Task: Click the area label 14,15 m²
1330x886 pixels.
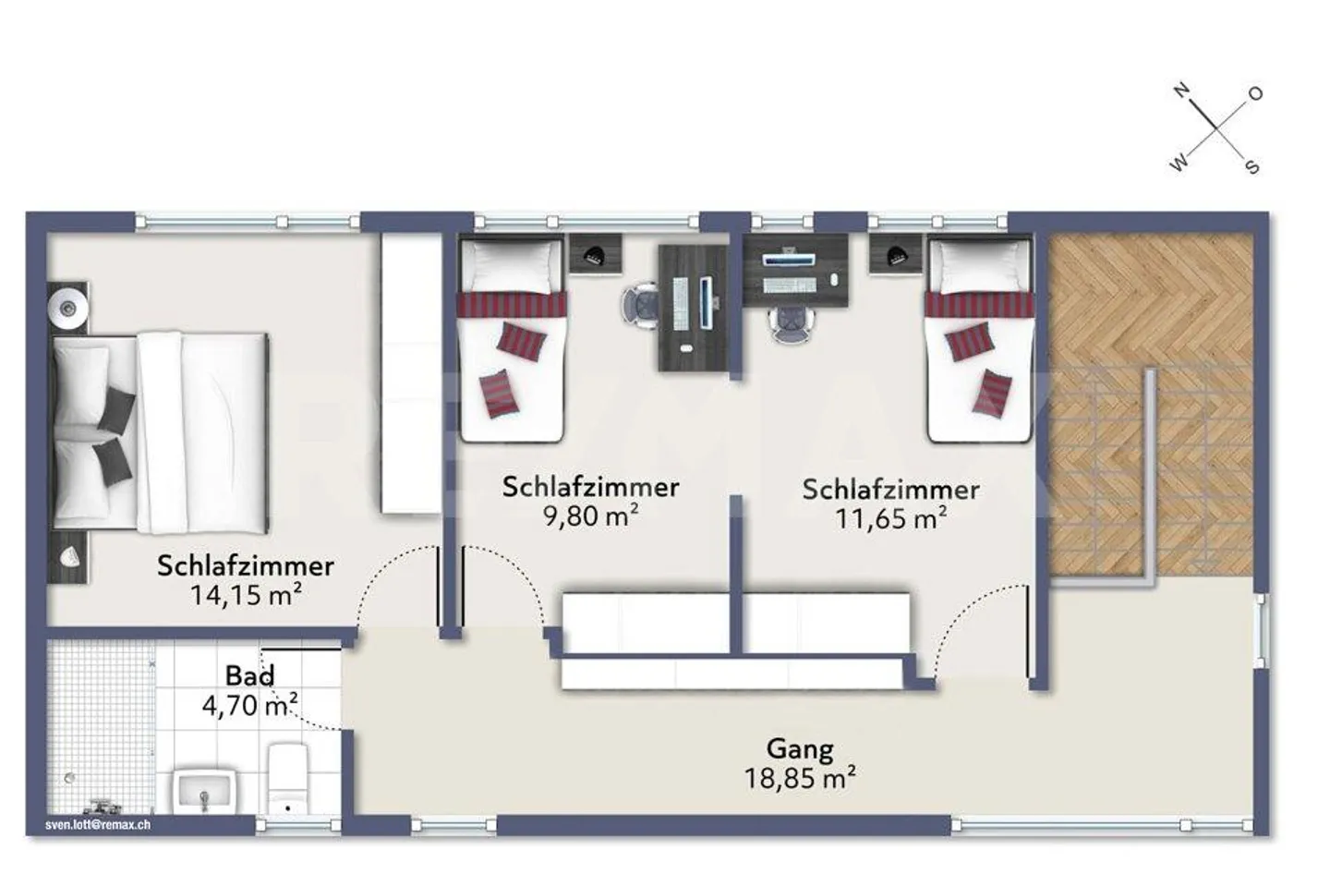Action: tap(246, 595)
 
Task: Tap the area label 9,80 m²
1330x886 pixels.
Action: tap(591, 516)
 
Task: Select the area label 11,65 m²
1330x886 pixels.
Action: tap(890, 518)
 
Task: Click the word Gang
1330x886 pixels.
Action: tap(800, 748)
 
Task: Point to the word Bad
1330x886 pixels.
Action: tap(249, 676)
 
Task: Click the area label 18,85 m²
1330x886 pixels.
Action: tap(800, 778)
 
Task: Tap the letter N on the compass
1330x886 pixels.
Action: tap(1180, 91)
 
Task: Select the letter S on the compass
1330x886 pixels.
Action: tap(1251, 167)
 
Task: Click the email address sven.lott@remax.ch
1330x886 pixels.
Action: tap(98, 825)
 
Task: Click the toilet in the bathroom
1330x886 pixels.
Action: tap(287, 779)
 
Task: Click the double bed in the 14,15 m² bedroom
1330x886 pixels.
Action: tap(162, 432)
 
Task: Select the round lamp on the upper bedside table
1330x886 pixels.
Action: tap(67, 304)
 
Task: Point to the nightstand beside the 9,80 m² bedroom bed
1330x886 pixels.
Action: tap(595, 253)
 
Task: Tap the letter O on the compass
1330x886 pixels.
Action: tap(1255, 93)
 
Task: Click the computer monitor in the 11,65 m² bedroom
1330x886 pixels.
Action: tap(788, 260)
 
